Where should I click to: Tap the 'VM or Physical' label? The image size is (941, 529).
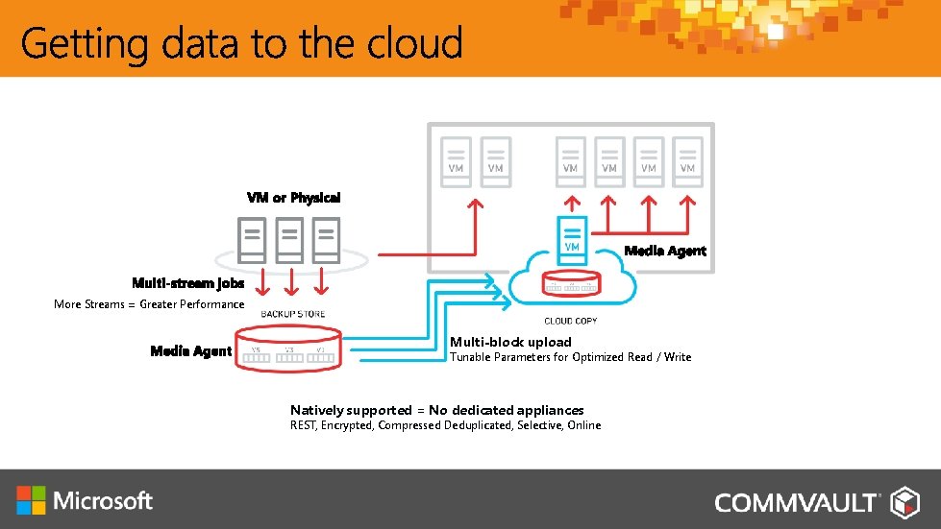coord(293,198)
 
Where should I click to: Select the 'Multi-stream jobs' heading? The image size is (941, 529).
coord(188,283)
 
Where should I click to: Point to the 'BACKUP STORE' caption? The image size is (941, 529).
coord(293,314)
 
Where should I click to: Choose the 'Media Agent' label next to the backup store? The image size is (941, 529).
coord(191,351)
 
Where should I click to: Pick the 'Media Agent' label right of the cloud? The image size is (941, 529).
coord(665,251)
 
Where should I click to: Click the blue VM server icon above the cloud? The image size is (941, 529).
coord(571,236)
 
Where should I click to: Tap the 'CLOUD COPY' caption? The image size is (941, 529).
coord(572,321)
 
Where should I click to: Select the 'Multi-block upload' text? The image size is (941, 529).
coord(510,342)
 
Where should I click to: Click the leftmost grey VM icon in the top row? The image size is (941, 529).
coord(456,159)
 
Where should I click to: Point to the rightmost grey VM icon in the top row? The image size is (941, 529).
coord(687,159)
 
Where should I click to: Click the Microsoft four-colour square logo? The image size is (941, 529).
coord(31,500)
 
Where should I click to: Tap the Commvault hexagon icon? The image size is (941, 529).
coord(905,501)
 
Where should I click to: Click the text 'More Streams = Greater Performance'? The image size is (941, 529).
coord(149,304)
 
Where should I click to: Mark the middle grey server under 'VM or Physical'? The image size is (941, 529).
coord(289,240)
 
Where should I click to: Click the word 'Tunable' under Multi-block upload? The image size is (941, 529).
coord(470,357)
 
